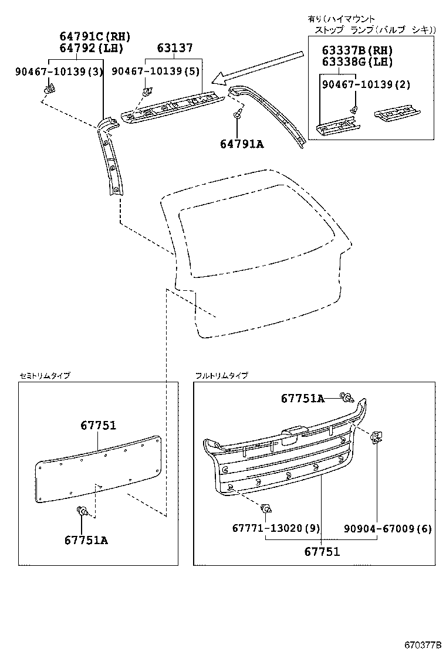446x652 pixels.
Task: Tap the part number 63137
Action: click(x=174, y=49)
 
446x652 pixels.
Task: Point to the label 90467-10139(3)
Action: click(x=59, y=72)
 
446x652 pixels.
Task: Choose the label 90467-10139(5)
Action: click(x=156, y=72)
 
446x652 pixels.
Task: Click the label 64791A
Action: click(x=242, y=142)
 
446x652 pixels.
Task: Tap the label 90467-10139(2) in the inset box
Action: click(x=366, y=84)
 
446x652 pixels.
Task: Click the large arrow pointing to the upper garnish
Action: click(x=258, y=67)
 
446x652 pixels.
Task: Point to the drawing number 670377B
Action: click(x=422, y=645)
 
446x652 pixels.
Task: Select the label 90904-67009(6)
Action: click(x=387, y=528)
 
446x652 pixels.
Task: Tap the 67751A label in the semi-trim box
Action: click(x=86, y=540)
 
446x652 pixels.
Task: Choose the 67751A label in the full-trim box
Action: click(x=302, y=399)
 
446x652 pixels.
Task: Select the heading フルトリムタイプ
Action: click(x=221, y=375)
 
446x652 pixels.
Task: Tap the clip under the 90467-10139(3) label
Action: click(x=49, y=89)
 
